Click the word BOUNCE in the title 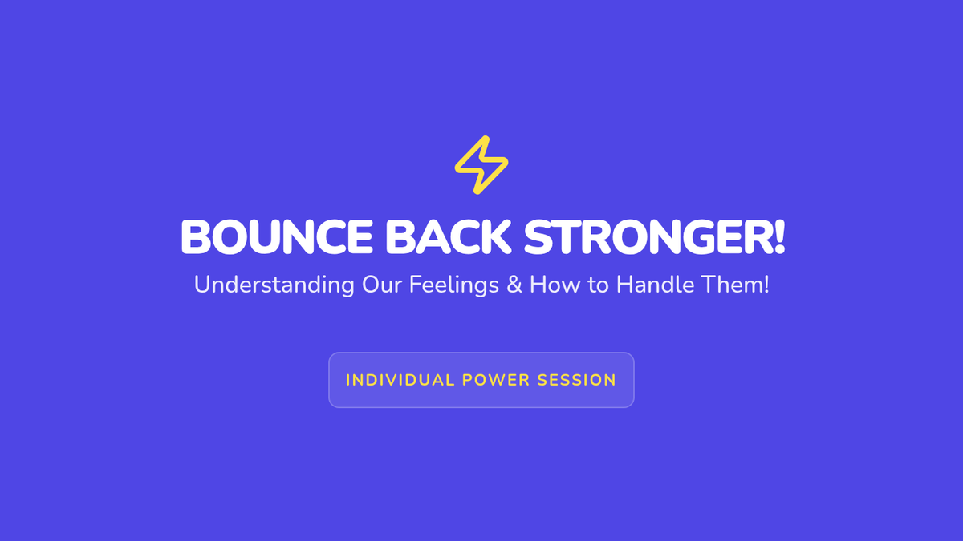(277, 237)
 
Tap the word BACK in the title (448, 237)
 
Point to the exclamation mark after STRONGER (780, 237)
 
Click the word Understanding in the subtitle (274, 285)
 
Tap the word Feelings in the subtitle (454, 285)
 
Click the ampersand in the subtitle (514, 285)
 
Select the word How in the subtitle (555, 285)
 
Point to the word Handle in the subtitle (655, 285)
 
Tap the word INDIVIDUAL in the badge (400, 381)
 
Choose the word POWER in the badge (496, 381)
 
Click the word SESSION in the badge (577, 381)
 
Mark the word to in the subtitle (598, 285)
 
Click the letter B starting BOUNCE (196, 237)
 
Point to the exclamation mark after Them (766, 285)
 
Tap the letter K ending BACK (496, 237)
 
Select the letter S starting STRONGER (538, 237)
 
